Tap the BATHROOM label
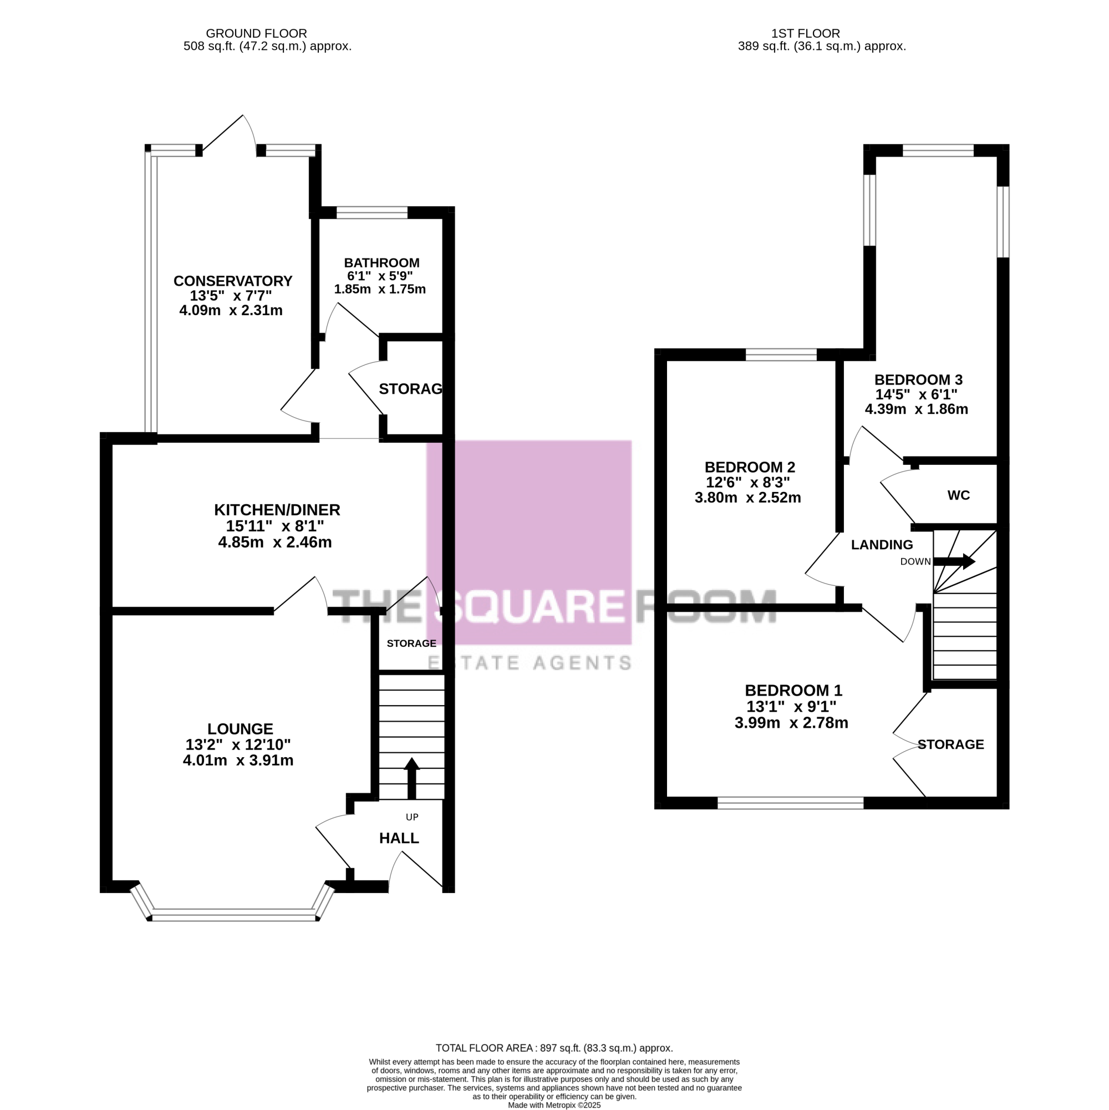click(381, 262)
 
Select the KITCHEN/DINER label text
click(277, 510)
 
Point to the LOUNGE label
click(240, 728)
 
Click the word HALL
click(399, 838)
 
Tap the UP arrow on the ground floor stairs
click(412, 778)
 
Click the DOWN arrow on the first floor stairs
click(954, 561)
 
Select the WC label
click(959, 495)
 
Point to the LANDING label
click(882, 545)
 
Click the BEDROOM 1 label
click(793, 690)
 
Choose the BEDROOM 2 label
click(750, 467)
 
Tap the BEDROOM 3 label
click(918, 380)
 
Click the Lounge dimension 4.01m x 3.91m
click(238, 761)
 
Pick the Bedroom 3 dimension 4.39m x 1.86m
click(916, 409)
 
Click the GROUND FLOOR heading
click(256, 34)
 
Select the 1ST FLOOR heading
click(805, 34)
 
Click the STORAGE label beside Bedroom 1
click(950, 744)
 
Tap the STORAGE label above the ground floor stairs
click(411, 643)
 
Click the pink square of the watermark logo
click(529, 543)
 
